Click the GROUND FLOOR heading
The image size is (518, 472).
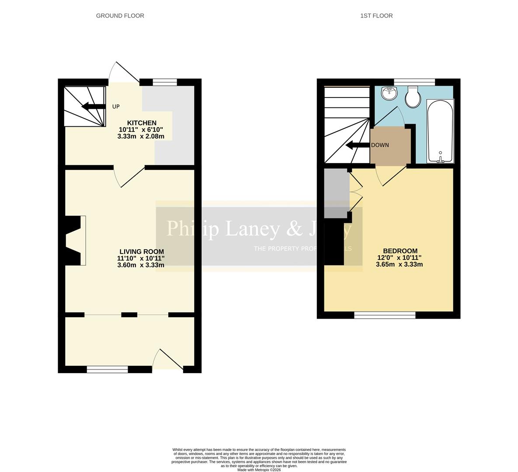pyautogui.click(x=120, y=16)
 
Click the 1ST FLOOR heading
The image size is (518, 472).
pyautogui.click(x=376, y=16)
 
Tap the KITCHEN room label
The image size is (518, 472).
pyautogui.click(x=142, y=123)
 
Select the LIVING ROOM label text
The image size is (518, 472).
pyautogui.click(x=142, y=251)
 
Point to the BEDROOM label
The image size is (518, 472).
pyautogui.click(x=400, y=251)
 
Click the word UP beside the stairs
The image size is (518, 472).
pyautogui.click(x=116, y=107)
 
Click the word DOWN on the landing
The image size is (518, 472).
pyautogui.click(x=380, y=145)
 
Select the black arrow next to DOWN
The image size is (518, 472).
pyautogui.click(x=355, y=145)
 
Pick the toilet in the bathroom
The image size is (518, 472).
pyautogui.click(x=412, y=97)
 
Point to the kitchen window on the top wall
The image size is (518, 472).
pyautogui.click(x=165, y=82)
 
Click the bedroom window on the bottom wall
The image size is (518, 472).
pyautogui.click(x=385, y=315)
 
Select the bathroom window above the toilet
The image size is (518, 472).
pyautogui.click(x=414, y=82)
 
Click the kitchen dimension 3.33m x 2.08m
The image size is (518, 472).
pyautogui.click(x=141, y=136)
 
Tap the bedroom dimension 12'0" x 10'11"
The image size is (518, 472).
pyautogui.click(x=400, y=258)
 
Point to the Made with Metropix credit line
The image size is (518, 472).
pyautogui.click(x=259, y=470)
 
